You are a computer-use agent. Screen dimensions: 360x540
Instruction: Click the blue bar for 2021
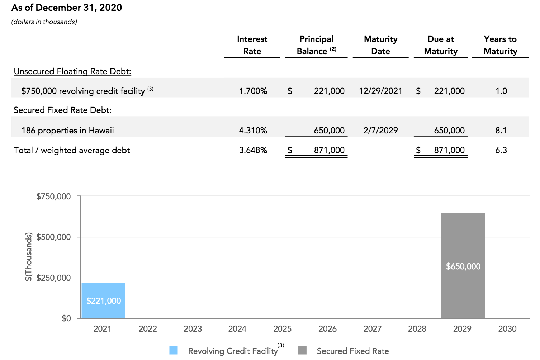(x=103, y=300)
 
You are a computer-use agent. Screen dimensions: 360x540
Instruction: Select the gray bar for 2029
(x=463, y=266)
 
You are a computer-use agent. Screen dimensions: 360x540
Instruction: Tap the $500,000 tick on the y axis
(x=53, y=237)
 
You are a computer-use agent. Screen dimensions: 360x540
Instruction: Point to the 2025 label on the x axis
(x=282, y=329)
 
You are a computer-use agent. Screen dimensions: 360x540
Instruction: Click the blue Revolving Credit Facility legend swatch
(x=174, y=350)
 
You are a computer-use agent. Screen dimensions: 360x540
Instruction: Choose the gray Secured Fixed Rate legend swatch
(x=302, y=350)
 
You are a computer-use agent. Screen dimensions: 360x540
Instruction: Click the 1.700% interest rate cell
(x=253, y=91)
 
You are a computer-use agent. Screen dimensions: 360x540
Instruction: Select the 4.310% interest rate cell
(x=253, y=131)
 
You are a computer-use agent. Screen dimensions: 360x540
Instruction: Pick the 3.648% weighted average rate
(x=253, y=150)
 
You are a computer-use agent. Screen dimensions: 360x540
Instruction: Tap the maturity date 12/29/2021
(x=380, y=91)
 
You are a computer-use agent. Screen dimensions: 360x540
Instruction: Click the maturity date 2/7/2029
(x=380, y=131)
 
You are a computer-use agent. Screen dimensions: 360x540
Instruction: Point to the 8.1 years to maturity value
(x=501, y=131)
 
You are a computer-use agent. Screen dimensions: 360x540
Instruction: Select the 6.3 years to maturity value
(x=501, y=150)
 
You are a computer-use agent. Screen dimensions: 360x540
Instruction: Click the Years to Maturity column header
(x=500, y=45)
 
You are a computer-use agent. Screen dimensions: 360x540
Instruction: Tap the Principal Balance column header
(x=316, y=45)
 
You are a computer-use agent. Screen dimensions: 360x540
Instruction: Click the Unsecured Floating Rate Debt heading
(x=72, y=71)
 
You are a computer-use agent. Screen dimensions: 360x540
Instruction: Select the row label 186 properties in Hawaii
(x=67, y=131)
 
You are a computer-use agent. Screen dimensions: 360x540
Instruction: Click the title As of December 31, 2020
(x=67, y=8)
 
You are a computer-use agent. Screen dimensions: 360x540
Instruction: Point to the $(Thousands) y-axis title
(x=28, y=257)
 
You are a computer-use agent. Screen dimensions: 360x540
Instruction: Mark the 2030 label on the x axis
(x=507, y=329)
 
